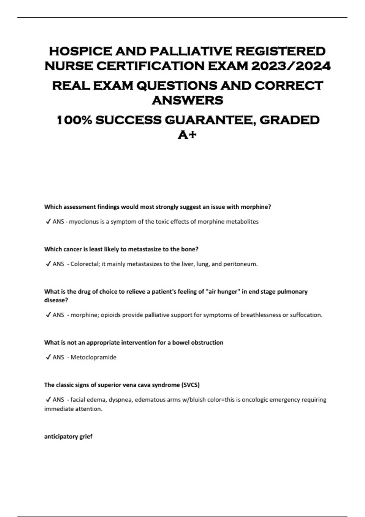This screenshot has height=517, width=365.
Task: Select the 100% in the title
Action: tap(75, 120)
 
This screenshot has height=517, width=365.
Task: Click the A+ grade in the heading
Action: tap(187, 134)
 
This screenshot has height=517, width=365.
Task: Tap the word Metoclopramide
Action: tap(93, 357)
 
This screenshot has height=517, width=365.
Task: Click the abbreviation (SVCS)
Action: tap(190, 385)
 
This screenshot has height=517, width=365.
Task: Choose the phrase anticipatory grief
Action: tap(68, 437)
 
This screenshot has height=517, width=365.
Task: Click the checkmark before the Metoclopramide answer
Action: tap(48, 357)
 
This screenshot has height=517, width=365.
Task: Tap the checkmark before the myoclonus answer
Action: tap(48, 222)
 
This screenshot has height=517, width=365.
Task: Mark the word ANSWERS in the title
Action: tap(187, 100)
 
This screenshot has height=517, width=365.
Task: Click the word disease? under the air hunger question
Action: tap(56, 300)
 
